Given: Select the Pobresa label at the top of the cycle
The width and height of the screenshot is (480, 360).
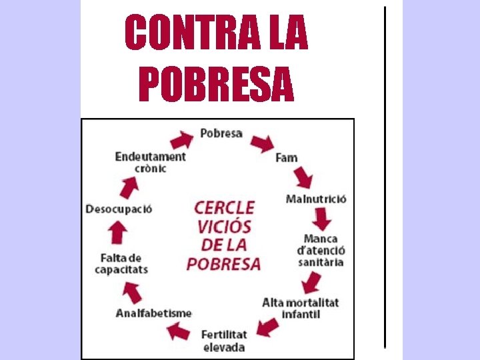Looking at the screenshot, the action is [221, 133].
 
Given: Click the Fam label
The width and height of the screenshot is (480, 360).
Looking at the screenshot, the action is [287, 158].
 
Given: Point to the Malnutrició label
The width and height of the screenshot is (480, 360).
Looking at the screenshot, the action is [316, 199].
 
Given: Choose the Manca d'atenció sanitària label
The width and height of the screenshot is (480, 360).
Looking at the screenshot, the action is [321, 250].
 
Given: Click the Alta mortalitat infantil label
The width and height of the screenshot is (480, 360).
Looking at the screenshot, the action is [301, 308].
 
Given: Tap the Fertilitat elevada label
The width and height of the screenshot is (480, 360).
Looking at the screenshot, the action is [224, 341].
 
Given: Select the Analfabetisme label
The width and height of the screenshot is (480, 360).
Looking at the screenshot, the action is [154, 313].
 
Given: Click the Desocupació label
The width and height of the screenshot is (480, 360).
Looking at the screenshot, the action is [119, 209].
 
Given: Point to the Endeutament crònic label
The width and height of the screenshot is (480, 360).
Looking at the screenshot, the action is [150, 162].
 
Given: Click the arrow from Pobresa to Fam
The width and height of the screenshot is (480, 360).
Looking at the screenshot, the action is [261, 141].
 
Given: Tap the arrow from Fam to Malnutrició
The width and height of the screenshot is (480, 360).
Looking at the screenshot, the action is [303, 177].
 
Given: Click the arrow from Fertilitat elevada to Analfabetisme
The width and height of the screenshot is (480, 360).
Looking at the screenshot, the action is [179, 330].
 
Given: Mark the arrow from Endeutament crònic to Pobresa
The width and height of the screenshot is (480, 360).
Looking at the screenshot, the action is [181, 139].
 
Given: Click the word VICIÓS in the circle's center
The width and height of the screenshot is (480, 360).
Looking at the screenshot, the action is [224, 225].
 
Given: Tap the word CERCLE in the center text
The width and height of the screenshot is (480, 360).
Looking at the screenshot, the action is [225, 207].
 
